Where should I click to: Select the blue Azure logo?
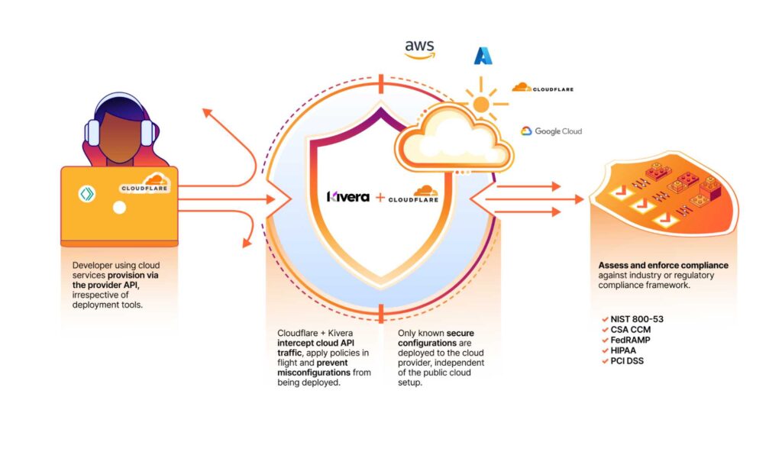tap(483, 55)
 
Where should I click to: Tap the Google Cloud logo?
tap(551, 131)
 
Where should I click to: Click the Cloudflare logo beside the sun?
tap(542, 88)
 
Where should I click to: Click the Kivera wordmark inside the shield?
tap(348, 196)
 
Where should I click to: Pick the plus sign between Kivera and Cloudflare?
tap(380, 197)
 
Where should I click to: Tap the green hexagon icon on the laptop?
tap(87, 194)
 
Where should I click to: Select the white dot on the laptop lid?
tap(118, 207)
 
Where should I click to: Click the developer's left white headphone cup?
tap(93, 134)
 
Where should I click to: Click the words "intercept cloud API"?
tap(312, 344)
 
